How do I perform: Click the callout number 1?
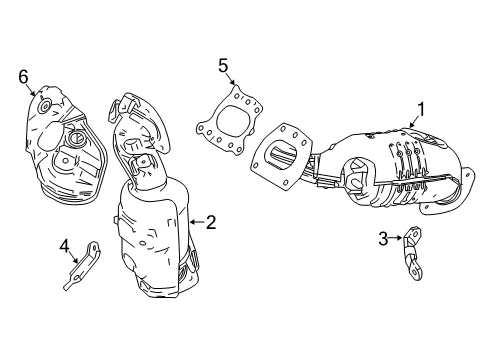422,110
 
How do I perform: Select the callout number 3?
382,238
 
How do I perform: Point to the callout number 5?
224,66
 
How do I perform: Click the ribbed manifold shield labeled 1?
390,165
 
